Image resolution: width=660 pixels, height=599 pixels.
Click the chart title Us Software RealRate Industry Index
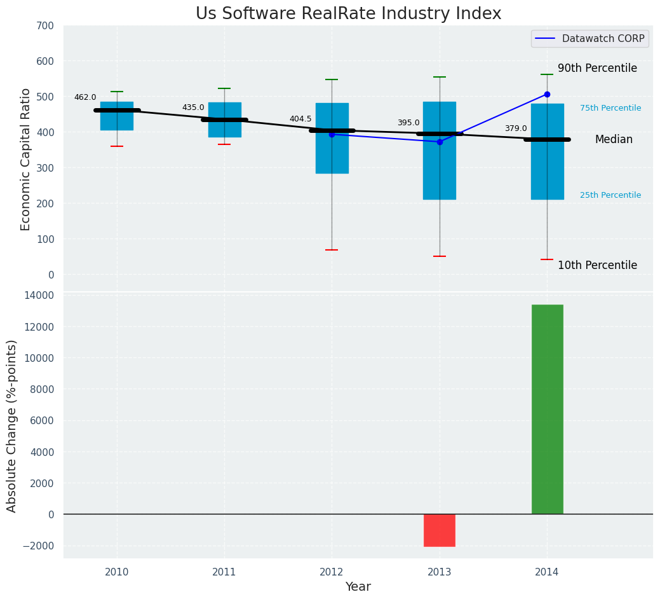pyautogui.click(x=348, y=14)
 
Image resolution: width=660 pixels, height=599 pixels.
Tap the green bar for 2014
pyautogui.click(x=547, y=409)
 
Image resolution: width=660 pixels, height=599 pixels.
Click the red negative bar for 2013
pyautogui.click(x=440, y=530)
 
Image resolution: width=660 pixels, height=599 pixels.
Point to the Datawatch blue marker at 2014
pyautogui.click(x=547, y=94)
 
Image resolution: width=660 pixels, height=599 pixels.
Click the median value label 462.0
pyautogui.click(x=85, y=97)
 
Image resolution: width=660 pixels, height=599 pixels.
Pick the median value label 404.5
pyautogui.click(x=300, y=119)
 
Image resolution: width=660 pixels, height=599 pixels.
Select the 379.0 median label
pyautogui.click(x=516, y=128)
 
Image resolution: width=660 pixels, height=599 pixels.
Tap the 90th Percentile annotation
pyautogui.click(x=597, y=68)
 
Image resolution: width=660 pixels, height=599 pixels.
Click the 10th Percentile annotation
pyautogui.click(x=597, y=265)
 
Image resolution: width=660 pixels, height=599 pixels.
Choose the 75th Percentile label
pyautogui.click(x=610, y=108)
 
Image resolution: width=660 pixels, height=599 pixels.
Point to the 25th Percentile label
pyautogui.click(x=610, y=195)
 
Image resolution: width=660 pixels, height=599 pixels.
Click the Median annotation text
pyautogui.click(x=614, y=139)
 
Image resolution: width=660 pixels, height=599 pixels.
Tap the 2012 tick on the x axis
pyautogui.click(x=332, y=572)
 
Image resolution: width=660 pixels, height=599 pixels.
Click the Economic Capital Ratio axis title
pyautogui.click(x=26, y=159)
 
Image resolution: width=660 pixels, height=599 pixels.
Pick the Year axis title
pyautogui.click(x=358, y=587)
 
